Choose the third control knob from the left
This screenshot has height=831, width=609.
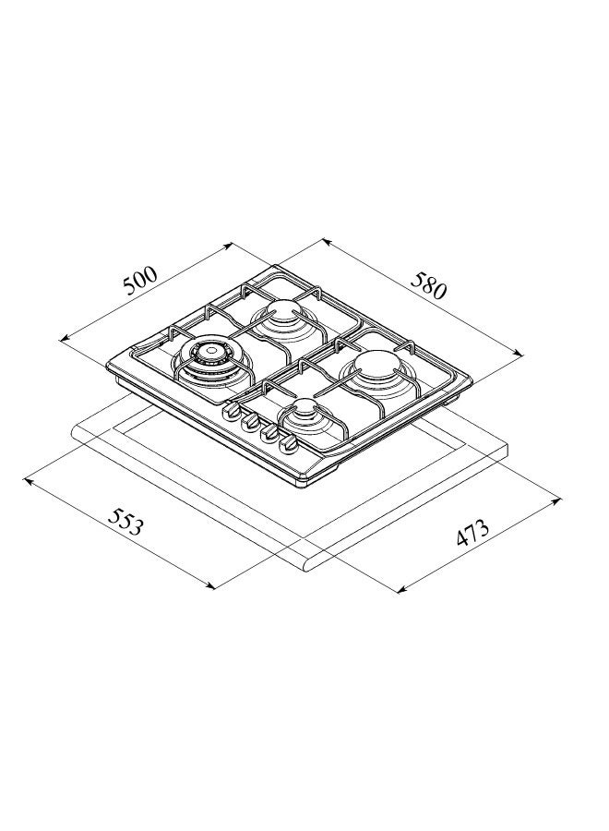click(269, 434)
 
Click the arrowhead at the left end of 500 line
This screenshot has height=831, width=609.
click(63, 340)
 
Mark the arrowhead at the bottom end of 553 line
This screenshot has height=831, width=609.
click(212, 587)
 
